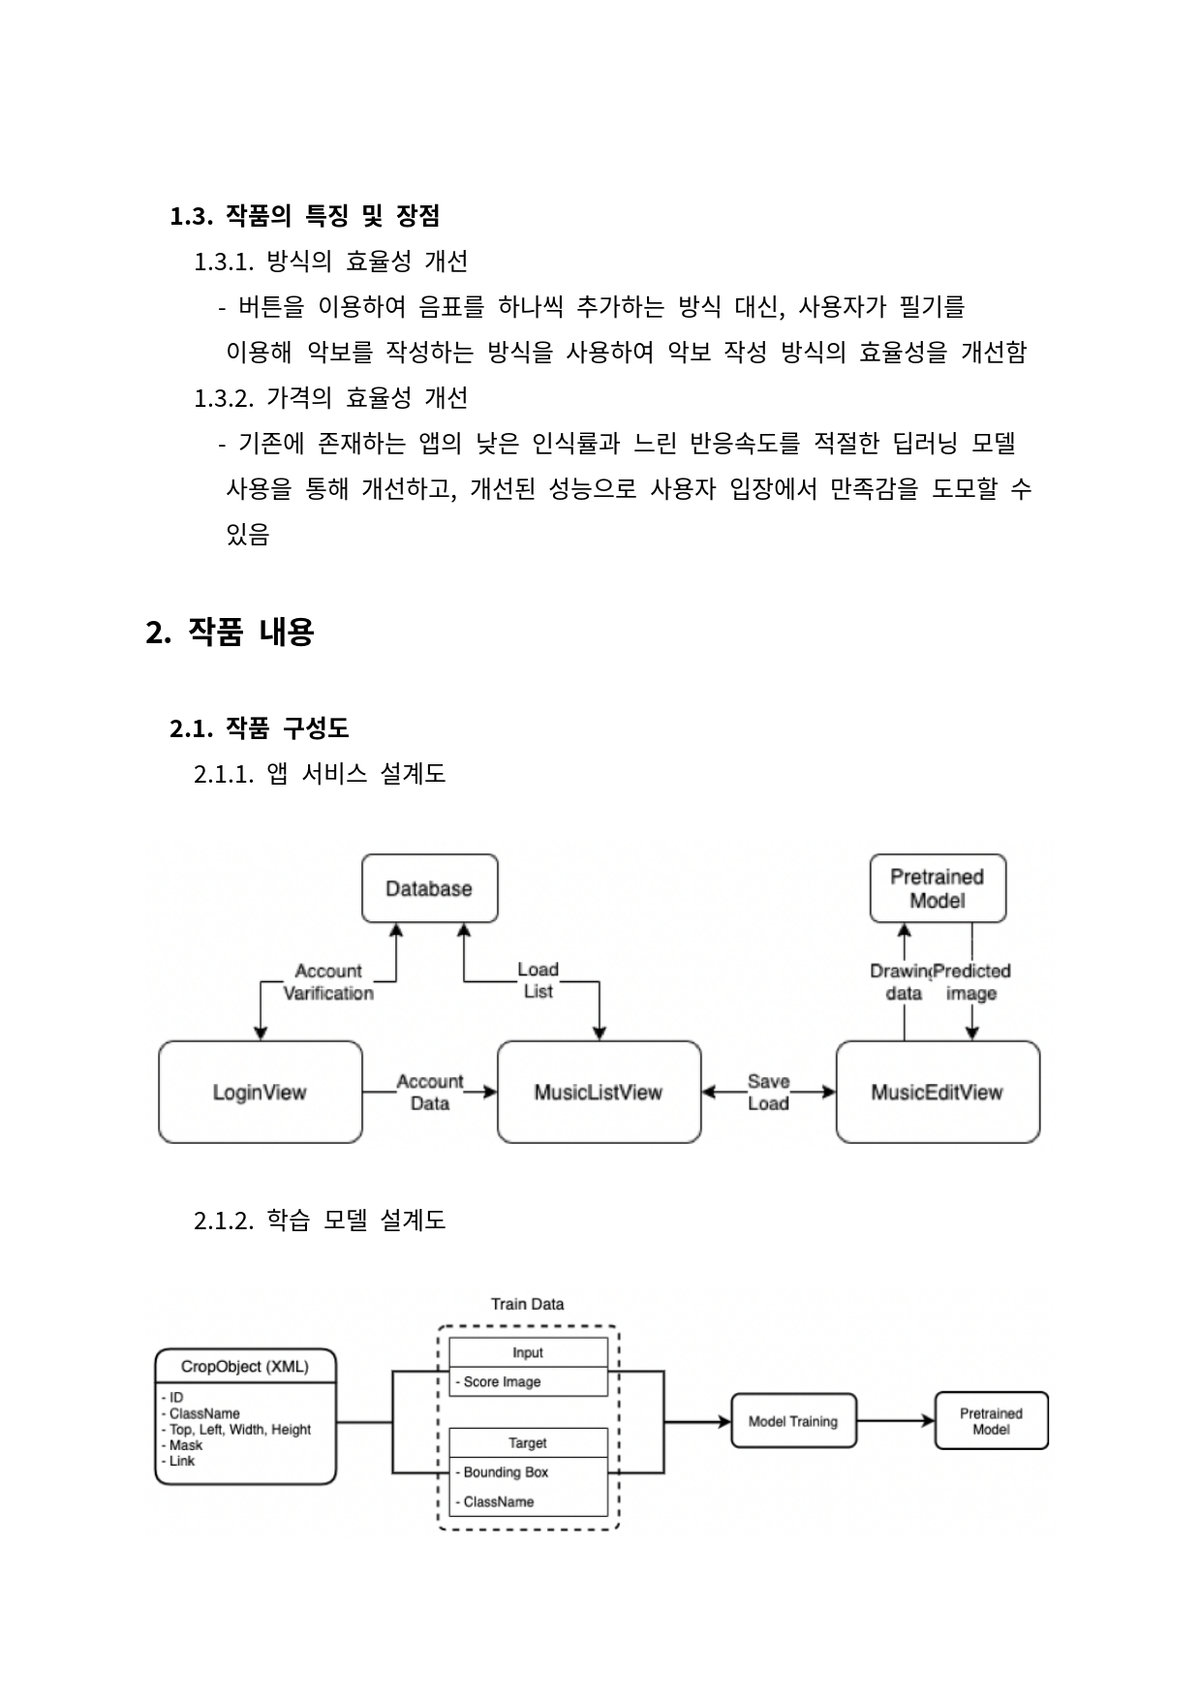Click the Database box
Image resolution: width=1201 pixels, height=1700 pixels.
(429, 888)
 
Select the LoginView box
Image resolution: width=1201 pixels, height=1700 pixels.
(260, 1092)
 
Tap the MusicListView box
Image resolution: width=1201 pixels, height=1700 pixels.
(599, 1092)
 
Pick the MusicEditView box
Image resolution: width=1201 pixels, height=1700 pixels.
(937, 1092)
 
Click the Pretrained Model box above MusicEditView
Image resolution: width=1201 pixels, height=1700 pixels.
(937, 888)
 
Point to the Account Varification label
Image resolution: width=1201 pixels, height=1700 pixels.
(327, 981)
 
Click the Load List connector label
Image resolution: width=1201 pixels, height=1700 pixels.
(538, 980)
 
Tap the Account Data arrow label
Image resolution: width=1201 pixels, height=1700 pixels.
(429, 1092)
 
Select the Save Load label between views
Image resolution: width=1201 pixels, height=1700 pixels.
(768, 1092)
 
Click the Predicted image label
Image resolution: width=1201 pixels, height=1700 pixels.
(971, 981)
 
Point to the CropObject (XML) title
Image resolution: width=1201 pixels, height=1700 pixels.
(245, 1367)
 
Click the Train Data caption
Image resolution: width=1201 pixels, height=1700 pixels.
(527, 1304)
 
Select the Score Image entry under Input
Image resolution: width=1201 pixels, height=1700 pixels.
(502, 1381)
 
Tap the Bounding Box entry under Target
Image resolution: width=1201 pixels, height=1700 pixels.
(506, 1472)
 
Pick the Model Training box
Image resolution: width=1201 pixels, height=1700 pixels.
(793, 1421)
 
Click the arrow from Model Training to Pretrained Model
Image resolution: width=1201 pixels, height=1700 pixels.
(896, 1421)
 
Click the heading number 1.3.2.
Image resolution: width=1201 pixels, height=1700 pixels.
(224, 398)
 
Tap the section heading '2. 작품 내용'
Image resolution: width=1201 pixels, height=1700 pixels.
(230, 633)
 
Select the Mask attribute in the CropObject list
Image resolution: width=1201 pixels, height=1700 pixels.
(186, 1445)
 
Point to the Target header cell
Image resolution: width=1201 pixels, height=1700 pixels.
(528, 1442)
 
